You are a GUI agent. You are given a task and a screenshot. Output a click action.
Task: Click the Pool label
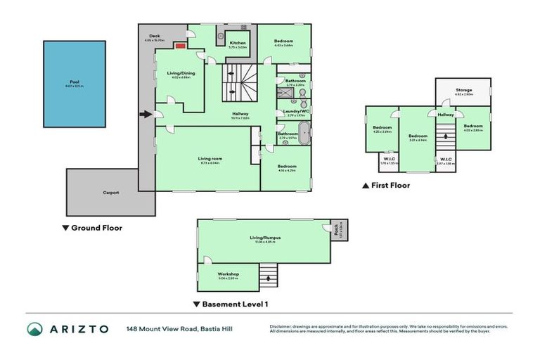(74, 82)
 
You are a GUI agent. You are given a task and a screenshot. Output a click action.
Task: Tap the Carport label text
(110, 192)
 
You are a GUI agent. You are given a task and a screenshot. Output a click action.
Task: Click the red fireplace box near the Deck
(180, 46)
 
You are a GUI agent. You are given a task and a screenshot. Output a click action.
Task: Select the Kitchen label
(238, 44)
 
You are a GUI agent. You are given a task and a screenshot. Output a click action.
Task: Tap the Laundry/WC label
(295, 111)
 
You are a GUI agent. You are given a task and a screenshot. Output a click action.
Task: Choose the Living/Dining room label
(181, 73)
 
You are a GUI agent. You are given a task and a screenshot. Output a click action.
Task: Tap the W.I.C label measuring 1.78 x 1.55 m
(388, 160)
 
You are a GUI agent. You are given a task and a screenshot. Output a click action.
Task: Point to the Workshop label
(229, 274)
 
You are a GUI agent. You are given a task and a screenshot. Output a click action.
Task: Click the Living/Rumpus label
(265, 238)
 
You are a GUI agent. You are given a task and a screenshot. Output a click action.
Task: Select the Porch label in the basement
(337, 228)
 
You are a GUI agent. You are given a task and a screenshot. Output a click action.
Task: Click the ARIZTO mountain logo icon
(35, 329)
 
